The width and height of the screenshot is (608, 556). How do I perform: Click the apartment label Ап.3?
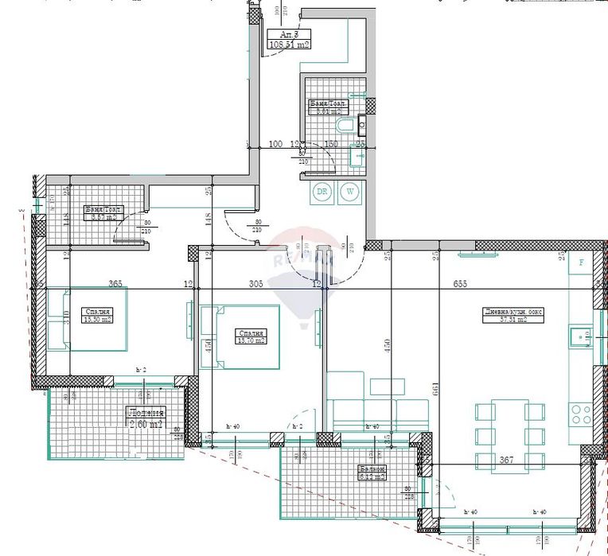[x=289, y=34]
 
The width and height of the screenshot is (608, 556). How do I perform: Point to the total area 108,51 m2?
[x=290, y=45]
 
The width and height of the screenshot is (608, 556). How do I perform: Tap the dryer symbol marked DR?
[x=322, y=192]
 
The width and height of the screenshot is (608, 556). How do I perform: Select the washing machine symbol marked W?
[x=349, y=192]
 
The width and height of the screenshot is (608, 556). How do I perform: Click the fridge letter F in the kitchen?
[x=582, y=262]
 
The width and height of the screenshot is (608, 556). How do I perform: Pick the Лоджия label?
[x=145, y=413]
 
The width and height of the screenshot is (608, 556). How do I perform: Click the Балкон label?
[x=372, y=469]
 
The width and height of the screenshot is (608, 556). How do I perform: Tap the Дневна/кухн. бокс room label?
[x=513, y=312]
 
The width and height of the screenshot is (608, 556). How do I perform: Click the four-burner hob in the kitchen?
[x=580, y=414]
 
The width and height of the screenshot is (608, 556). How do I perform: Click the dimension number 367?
[x=507, y=459]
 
